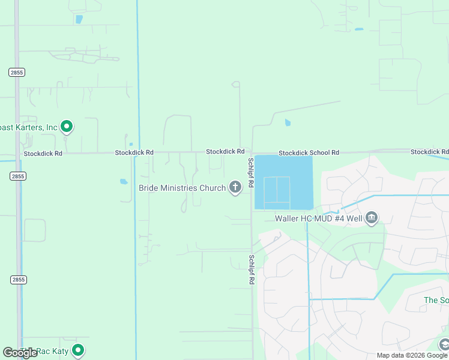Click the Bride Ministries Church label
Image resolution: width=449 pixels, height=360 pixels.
pyautogui.click(x=182, y=188)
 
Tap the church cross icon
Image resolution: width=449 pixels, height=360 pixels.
pyautogui.click(x=235, y=188)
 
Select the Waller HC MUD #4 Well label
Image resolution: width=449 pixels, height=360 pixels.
pyautogui.click(x=319, y=218)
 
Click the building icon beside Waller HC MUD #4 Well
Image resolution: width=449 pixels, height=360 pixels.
pyautogui.click(x=371, y=217)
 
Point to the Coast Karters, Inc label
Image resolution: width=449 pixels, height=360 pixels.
pyautogui.click(x=29, y=127)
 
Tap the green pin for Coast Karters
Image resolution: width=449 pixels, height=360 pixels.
pyautogui.click(x=67, y=127)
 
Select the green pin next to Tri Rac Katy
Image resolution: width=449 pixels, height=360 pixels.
pyautogui.click(x=77, y=350)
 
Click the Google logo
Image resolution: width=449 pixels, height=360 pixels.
pyautogui.click(x=20, y=353)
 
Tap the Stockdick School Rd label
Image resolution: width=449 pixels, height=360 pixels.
pyautogui.click(x=309, y=153)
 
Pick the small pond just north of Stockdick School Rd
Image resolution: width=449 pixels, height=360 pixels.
pyautogui.click(x=288, y=123)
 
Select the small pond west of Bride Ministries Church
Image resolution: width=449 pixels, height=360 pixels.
pyautogui.click(x=124, y=181)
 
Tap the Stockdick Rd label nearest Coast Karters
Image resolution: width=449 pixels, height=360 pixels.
pyautogui.click(x=43, y=154)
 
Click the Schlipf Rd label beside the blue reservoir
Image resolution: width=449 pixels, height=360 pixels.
pyautogui.click(x=251, y=173)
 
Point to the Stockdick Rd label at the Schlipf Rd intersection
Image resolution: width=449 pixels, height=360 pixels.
pyautogui.click(x=225, y=152)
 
